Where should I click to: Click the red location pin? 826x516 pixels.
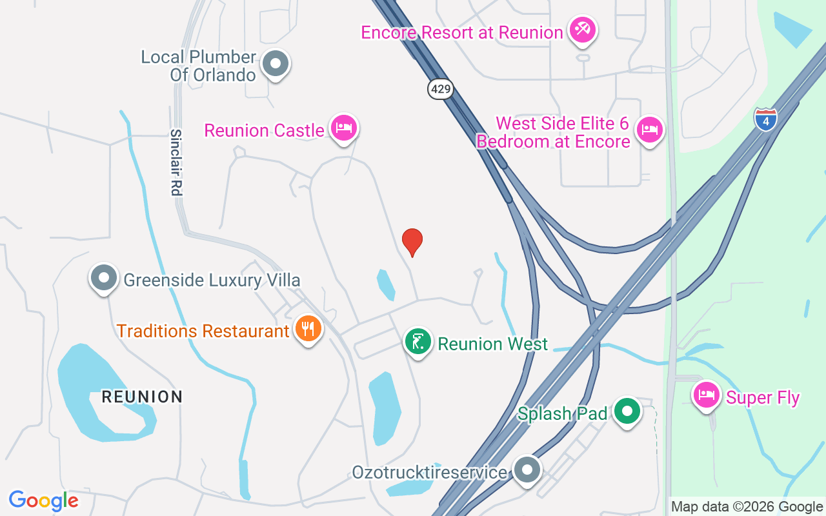pyautogui.click(x=412, y=242)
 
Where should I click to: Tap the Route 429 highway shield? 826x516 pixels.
pyautogui.click(x=440, y=89)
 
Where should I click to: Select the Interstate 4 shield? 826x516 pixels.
pyautogui.click(x=765, y=120)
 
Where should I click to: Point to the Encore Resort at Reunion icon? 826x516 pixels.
pyautogui.click(x=582, y=30)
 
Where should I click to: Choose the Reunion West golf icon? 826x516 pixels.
pyautogui.click(x=418, y=341)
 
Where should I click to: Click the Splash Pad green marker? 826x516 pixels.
pyautogui.click(x=626, y=411)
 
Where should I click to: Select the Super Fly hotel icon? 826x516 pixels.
pyautogui.click(x=707, y=395)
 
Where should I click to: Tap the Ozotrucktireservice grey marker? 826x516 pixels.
pyautogui.click(x=527, y=470)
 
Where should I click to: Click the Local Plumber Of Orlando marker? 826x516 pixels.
pyautogui.click(x=276, y=64)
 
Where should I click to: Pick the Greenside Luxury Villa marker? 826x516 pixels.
pyautogui.click(x=104, y=278)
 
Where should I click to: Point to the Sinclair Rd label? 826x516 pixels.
pyautogui.click(x=176, y=162)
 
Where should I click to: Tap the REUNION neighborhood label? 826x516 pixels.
pyautogui.click(x=142, y=397)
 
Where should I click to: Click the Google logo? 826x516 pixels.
pyautogui.click(x=44, y=501)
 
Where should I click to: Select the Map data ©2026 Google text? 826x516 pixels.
pyautogui.click(x=747, y=507)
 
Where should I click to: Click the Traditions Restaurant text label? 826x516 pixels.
pyautogui.click(x=203, y=331)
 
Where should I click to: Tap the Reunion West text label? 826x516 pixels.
pyautogui.click(x=492, y=344)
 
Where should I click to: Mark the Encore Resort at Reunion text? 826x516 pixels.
pyautogui.click(x=462, y=32)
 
